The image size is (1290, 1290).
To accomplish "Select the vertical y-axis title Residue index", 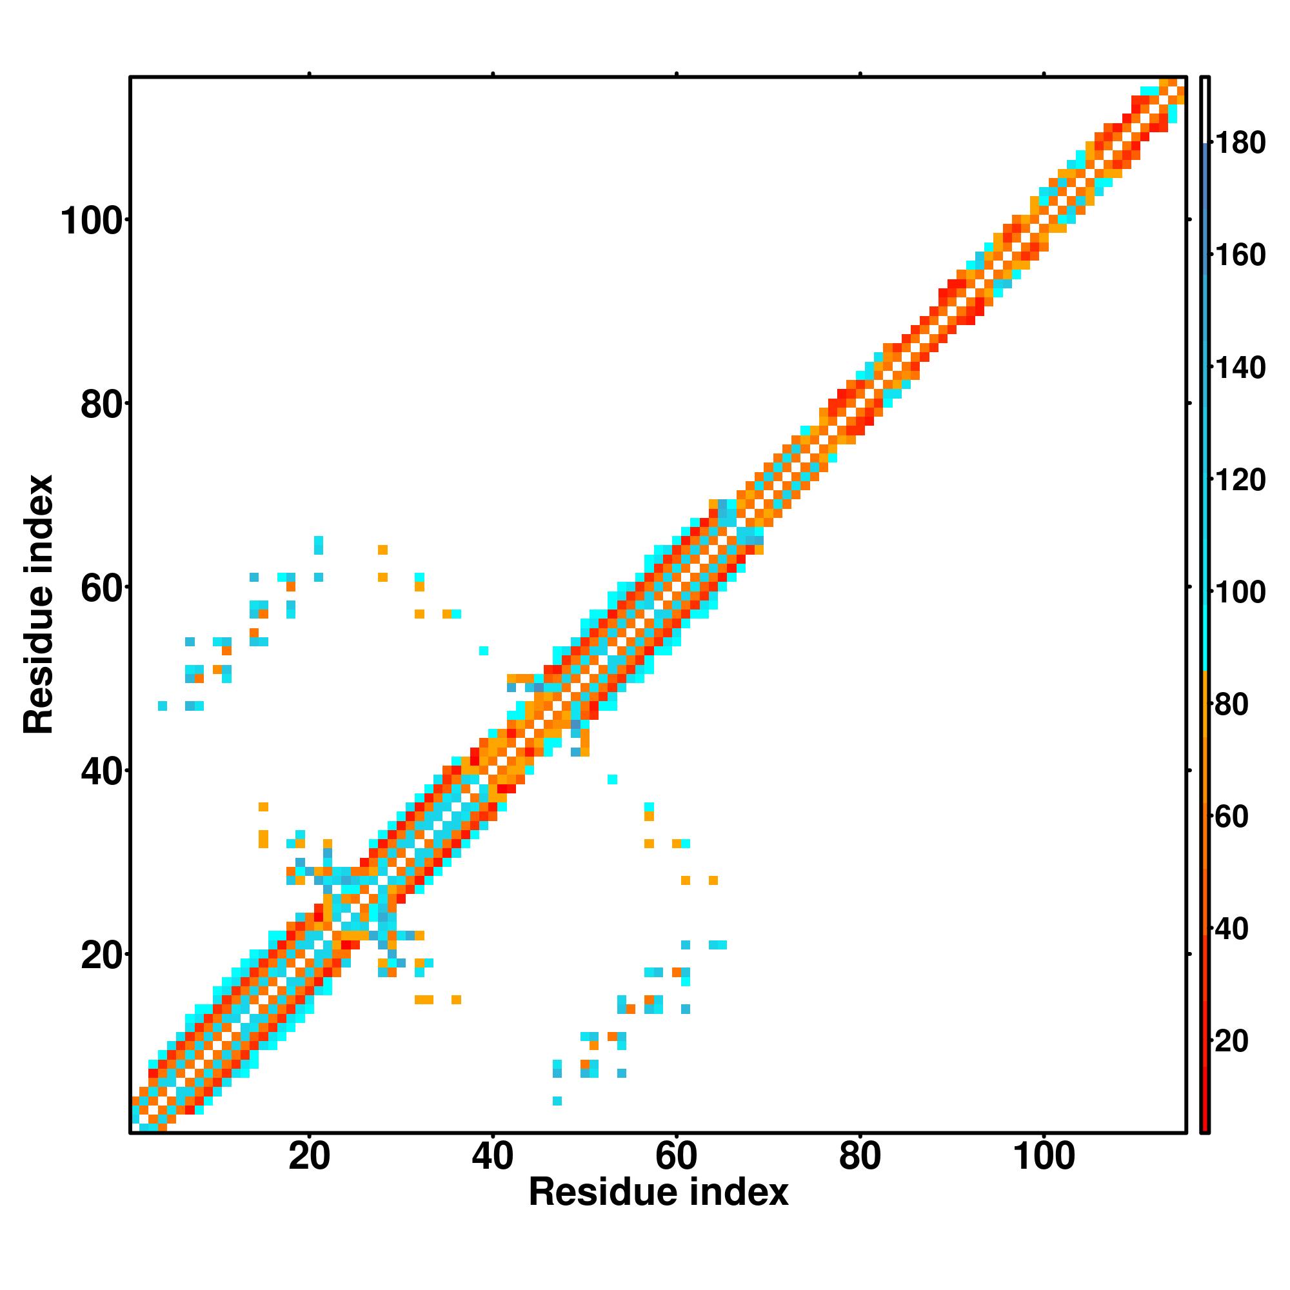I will [x=39, y=604].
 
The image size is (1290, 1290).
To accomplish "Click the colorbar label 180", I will [x=1240, y=143].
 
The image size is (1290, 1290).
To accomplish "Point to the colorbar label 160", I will [x=1240, y=255].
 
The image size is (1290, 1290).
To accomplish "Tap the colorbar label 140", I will [x=1240, y=368].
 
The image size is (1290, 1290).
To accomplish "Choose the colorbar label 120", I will [x=1240, y=480].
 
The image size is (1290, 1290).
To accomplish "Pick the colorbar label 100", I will [x=1240, y=592].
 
